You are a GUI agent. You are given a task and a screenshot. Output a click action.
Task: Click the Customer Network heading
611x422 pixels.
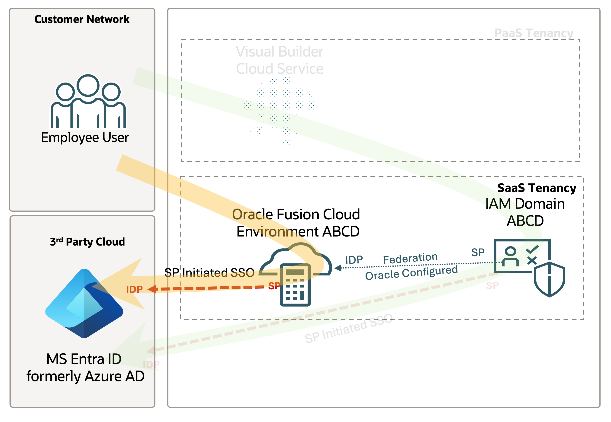click(x=82, y=19)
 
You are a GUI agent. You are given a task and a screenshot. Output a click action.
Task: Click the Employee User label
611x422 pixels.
click(x=85, y=137)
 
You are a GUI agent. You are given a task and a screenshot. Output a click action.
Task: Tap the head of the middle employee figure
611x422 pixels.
click(x=88, y=85)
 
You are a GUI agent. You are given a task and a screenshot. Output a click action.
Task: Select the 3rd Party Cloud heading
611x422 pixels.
click(x=87, y=242)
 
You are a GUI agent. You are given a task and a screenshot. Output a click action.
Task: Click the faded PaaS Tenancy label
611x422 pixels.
click(x=534, y=33)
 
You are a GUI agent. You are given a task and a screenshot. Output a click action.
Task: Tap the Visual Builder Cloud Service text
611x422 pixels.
click(x=279, y=60)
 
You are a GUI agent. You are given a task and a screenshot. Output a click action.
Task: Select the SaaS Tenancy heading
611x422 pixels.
click(x=536, y=188)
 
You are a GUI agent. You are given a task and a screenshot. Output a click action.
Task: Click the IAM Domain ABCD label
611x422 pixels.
click(x=525, y=212)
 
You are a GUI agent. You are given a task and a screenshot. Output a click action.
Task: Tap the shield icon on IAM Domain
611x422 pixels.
click(x=549, y=279)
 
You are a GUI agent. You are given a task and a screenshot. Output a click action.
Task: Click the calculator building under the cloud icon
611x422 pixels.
click(x=295, y=285)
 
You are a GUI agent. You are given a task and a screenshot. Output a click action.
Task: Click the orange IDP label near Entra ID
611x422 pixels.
click(x=134, y=290)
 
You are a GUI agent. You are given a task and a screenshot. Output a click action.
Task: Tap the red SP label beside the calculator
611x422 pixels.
click(x=274, y=286)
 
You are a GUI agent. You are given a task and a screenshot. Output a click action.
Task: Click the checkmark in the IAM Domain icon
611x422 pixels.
click(x=532, y=249)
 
